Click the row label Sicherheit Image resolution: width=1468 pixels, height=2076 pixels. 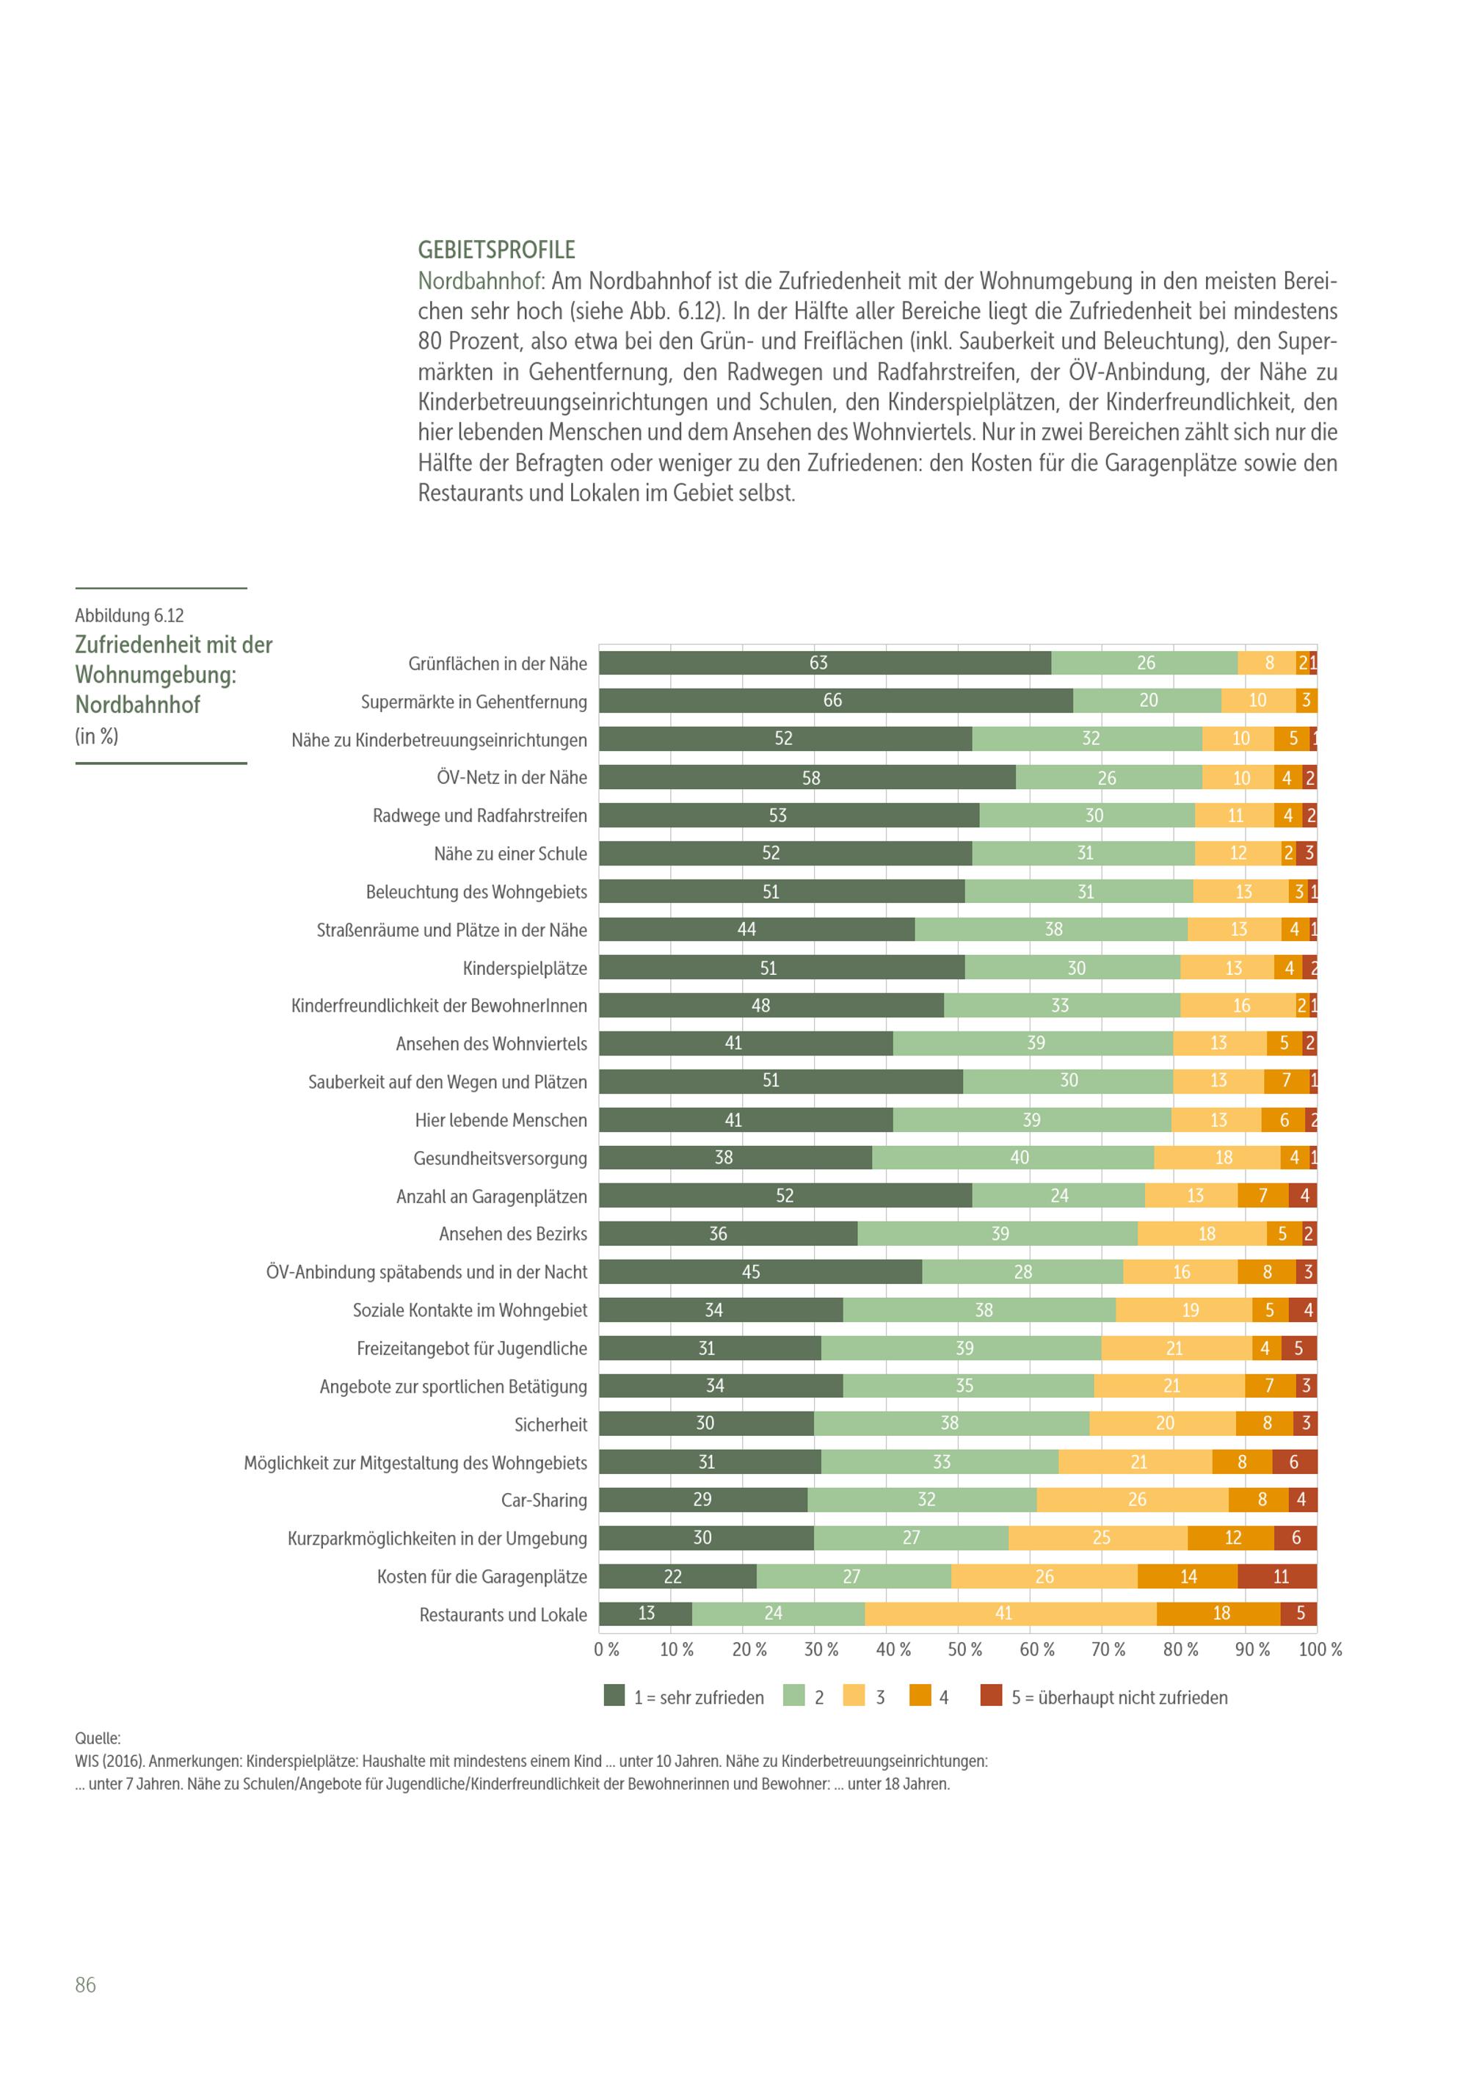[x=550, y=1425]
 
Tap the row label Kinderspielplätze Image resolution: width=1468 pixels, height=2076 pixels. [x=524, y=968]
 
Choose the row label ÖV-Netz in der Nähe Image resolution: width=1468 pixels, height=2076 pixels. [x=512, y=777]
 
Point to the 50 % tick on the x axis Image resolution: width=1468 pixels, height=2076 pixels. [x=964, y=1649]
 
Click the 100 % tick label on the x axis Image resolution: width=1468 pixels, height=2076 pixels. [x=1320, y=1649]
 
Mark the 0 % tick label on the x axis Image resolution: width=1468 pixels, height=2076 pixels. [x=606, y=1649]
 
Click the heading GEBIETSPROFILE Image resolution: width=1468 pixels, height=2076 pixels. [x=496, y=250]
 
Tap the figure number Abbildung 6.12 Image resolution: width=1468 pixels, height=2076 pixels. [x=129, y=616]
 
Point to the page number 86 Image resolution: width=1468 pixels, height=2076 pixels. [x=85, y=1985]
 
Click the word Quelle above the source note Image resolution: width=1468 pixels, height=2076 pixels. [x=98, y=1738]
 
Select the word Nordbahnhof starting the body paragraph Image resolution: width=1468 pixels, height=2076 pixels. [x=478, y=281]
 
